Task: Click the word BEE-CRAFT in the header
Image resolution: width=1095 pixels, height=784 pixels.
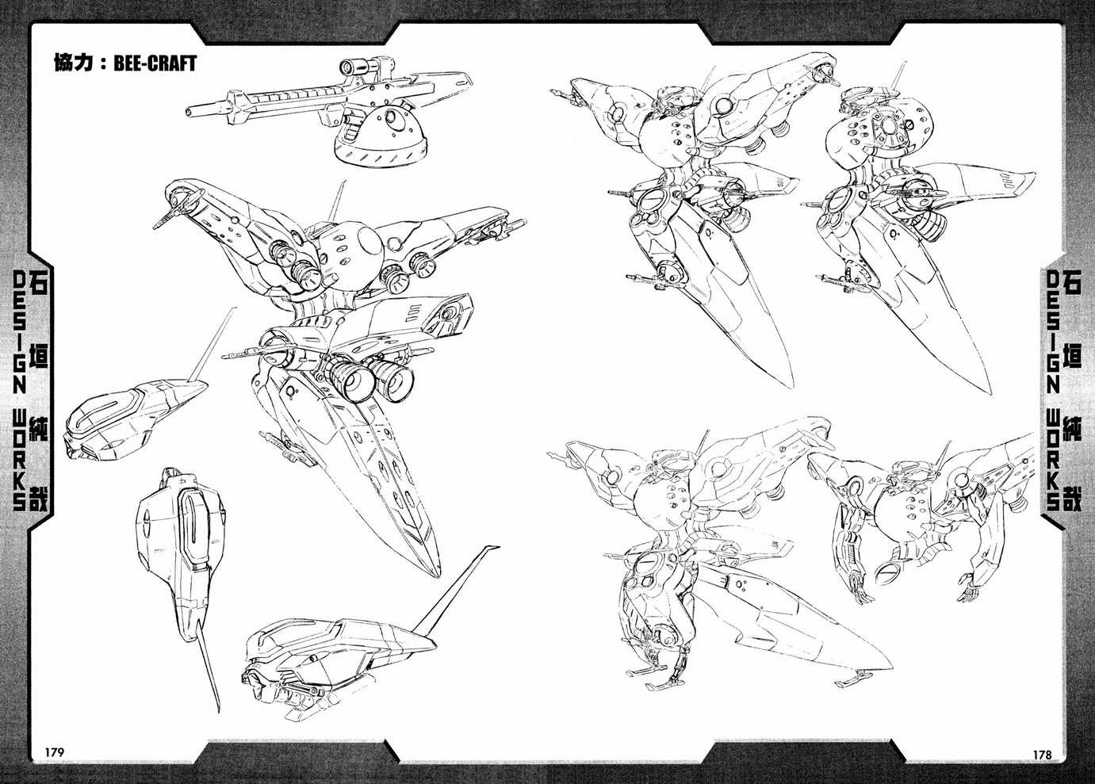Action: pos(155,63)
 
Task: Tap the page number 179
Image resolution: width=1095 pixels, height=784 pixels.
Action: pos(54,751)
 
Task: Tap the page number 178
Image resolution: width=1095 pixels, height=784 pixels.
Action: pos(1042,755)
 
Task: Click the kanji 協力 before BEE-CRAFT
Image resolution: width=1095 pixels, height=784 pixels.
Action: pos(73,63)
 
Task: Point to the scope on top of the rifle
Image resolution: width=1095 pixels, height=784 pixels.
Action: pos(361,66)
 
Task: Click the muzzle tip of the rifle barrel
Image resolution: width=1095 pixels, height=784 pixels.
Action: pos(188,113)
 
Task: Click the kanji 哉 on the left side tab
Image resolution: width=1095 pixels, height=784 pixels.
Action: pos(39,499)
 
